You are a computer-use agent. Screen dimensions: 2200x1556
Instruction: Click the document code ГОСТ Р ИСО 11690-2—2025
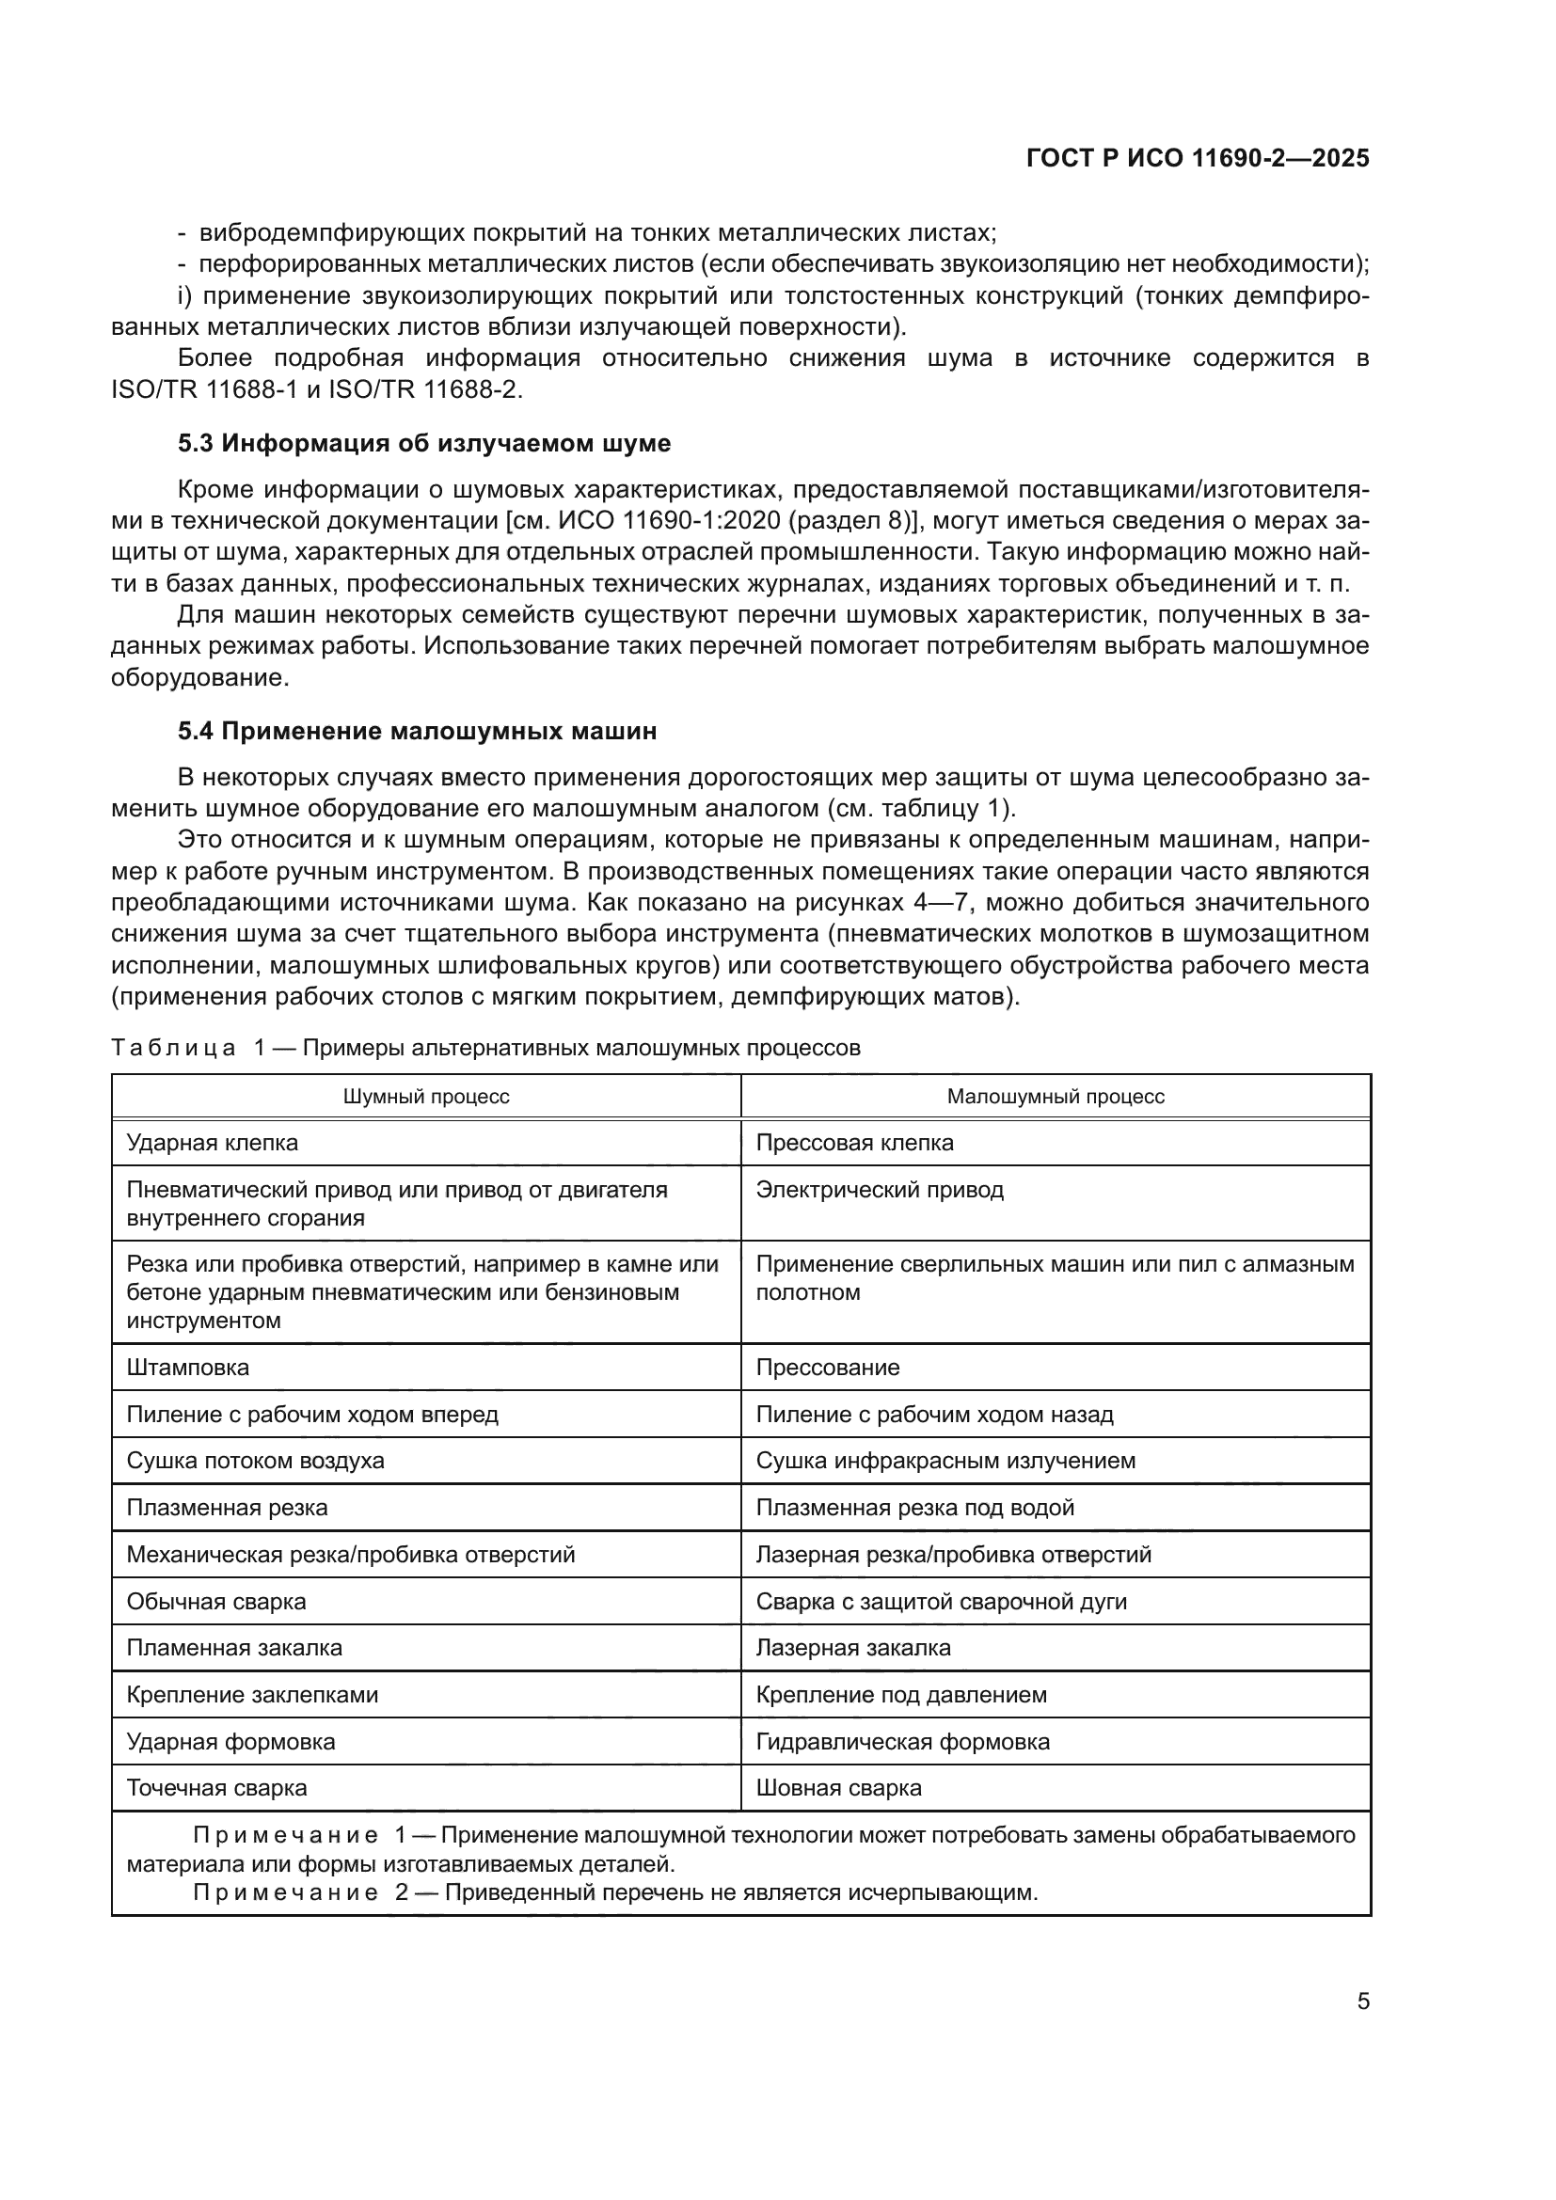pos(1197,158)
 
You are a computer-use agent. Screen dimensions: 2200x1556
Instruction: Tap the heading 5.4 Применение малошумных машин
pos(418,731)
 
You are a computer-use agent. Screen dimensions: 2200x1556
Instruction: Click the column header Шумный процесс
pos(426,1096)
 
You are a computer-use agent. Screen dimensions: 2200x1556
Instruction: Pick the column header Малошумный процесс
pos(1055,1096)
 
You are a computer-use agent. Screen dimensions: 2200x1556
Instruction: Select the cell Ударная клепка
pos(213,1142)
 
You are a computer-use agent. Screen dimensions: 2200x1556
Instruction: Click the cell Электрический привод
pos(880,1189)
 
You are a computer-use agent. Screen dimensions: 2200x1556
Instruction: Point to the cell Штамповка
pos(188,1367)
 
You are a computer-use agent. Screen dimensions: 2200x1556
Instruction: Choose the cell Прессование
pos(828,1367)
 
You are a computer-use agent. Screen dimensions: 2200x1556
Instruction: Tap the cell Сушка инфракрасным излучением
pos(945,1461)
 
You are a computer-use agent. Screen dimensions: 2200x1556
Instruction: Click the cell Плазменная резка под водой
pos(915,1507)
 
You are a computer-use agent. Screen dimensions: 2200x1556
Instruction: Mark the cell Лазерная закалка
pos(853,1647)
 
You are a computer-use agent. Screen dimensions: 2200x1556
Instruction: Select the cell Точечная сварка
pos(217,1787)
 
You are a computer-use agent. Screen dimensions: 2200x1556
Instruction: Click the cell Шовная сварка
pos(838,1787)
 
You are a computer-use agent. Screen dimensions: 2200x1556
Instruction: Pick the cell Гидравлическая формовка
pos(902,1741)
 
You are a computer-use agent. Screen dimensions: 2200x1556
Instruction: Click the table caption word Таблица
pos(173,1047)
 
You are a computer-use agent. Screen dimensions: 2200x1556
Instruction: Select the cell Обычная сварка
pos(216,1601)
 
